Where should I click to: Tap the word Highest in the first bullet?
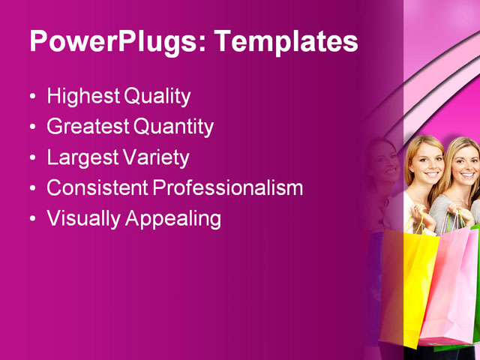click(82, 96)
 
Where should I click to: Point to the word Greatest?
click(88, 127)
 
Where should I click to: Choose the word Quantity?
click(173, 127)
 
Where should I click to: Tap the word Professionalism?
click(228, 187)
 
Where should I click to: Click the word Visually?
click(83, 218)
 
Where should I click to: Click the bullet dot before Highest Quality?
click(31, 97)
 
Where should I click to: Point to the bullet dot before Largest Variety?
click(31, 159)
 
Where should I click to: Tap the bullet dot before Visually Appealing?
click(31, 220)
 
